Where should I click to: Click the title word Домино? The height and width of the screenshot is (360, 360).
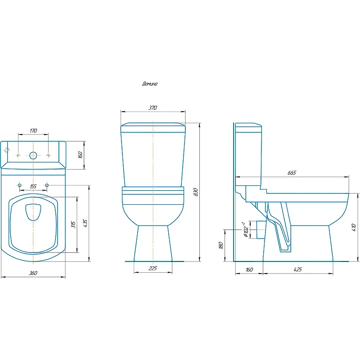pos(150,84)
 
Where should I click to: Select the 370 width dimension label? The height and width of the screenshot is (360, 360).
pos(153,108)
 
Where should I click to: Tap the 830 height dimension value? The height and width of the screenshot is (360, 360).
pos(196,192)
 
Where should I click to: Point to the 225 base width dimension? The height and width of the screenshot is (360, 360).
pos(153,268)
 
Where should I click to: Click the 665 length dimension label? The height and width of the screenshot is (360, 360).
pos(292,173)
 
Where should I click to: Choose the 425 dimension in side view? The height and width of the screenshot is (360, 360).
pos(298,269)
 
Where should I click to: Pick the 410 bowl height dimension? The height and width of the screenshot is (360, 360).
pos(354,227)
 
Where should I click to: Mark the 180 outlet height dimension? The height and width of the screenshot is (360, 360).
pos(221,245)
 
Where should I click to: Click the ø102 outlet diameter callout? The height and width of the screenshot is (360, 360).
pos(245,229)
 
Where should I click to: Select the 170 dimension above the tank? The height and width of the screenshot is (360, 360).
pos(33,130)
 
